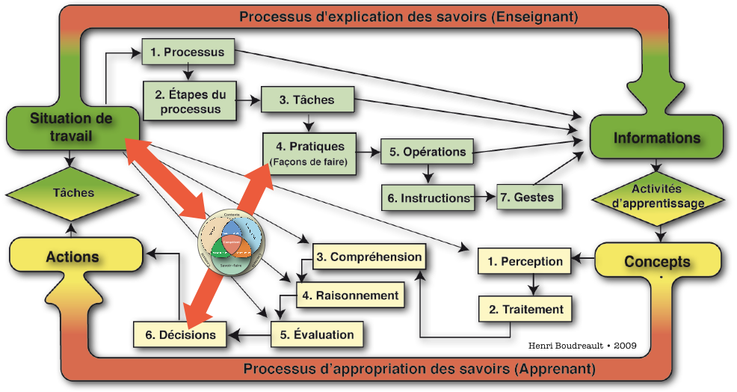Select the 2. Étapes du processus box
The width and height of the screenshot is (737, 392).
tap(188, 101)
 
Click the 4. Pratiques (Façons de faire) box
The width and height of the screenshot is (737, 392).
tap(309, 153)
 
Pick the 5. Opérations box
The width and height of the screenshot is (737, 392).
tap(428, 152)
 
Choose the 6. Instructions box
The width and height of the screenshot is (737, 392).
tap(428, 198)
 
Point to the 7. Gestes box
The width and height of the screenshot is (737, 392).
tap(528, 197)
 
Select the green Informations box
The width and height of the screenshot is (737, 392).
tap(656, 138)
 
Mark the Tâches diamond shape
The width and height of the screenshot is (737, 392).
tap(73, 193)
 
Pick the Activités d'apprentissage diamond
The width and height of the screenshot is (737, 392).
tap(657, 197)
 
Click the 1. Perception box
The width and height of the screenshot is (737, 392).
tap(525, 262)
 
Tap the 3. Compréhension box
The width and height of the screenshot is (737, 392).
tap(368, 257)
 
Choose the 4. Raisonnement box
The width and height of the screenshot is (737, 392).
tap(350, 295)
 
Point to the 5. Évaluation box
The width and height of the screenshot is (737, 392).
tap(317, 334)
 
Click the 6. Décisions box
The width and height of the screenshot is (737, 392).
tap(180, 334)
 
